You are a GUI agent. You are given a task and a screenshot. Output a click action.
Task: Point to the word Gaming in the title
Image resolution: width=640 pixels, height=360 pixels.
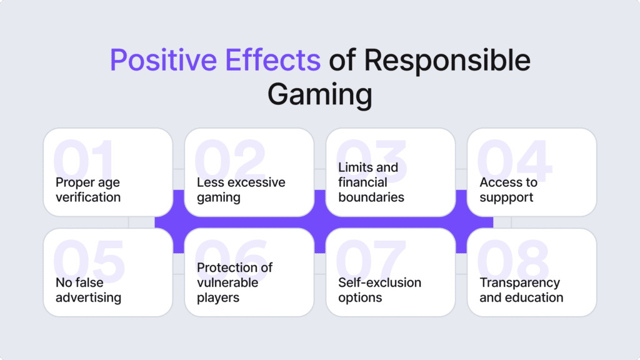(x=319, y=95)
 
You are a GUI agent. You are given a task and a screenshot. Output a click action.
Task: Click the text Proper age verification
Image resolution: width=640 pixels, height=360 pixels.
(x=88, y=190)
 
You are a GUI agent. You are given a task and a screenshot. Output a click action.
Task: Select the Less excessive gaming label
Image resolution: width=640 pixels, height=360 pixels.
(x=241, y=190)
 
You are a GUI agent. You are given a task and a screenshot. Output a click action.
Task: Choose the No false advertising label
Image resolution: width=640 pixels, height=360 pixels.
(x=88, y=290)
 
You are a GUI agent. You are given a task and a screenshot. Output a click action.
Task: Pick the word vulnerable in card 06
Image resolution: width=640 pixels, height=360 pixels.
(x=227, y=282)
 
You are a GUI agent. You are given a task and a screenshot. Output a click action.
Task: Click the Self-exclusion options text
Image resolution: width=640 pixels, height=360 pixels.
(x=379, y=290)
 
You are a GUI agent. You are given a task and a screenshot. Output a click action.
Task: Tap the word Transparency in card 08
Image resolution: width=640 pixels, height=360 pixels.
(x=519, y=282)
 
